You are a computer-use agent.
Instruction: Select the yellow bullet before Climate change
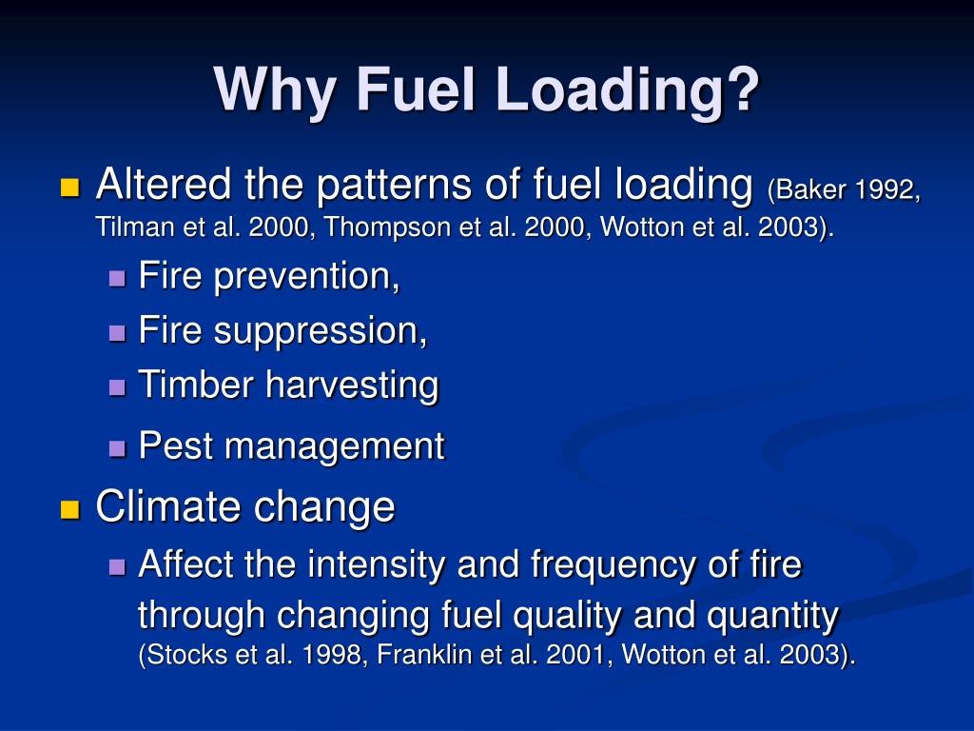pos(69,509)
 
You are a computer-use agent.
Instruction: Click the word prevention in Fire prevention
pos(306,278)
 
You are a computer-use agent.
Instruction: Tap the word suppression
pos(321,331)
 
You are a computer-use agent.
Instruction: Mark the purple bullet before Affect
pos(117,567)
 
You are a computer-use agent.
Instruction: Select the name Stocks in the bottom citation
pos(178,656)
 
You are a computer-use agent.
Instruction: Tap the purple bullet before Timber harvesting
pos(117,387)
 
